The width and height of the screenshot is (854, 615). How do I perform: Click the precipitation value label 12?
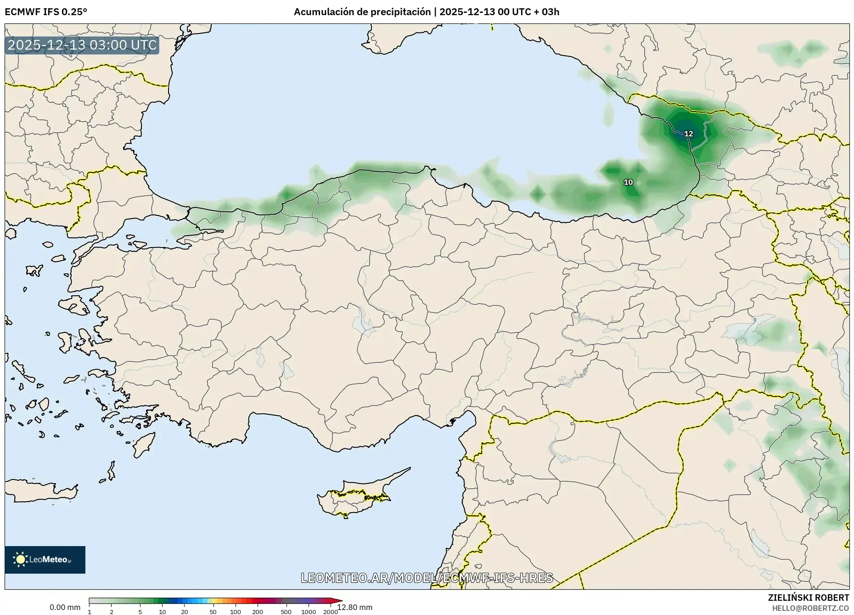click(688, 134)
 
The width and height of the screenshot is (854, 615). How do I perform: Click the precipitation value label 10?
click(628, 182)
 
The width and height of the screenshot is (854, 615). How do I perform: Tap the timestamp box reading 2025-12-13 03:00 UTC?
click(82, 45)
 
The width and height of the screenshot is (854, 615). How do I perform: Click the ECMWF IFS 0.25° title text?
click(46, 12)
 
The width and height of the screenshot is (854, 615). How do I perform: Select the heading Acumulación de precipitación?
click(362, 12)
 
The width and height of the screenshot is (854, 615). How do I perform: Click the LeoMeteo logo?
click(45, 559)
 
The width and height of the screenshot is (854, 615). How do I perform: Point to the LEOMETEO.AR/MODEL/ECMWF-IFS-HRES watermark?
click(427, 578)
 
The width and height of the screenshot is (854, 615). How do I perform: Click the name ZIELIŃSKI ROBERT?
click(808, 598)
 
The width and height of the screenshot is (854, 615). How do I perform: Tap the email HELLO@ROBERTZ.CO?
click(810, 608)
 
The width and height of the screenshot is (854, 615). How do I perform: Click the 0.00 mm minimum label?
click(65, 607)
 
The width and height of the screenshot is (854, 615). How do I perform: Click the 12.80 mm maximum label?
click(354, 607)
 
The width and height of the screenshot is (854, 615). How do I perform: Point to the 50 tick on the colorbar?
click(213, 611)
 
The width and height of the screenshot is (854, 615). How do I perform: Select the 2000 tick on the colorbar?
click(331, 611)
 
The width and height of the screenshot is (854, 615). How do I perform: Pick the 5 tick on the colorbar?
click(140, 611)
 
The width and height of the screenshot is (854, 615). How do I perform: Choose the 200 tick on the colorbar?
click(258, 611)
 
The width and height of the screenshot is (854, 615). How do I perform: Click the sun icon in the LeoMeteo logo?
click(20, 559)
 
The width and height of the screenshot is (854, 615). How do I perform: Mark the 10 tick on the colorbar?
click(162, 611)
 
